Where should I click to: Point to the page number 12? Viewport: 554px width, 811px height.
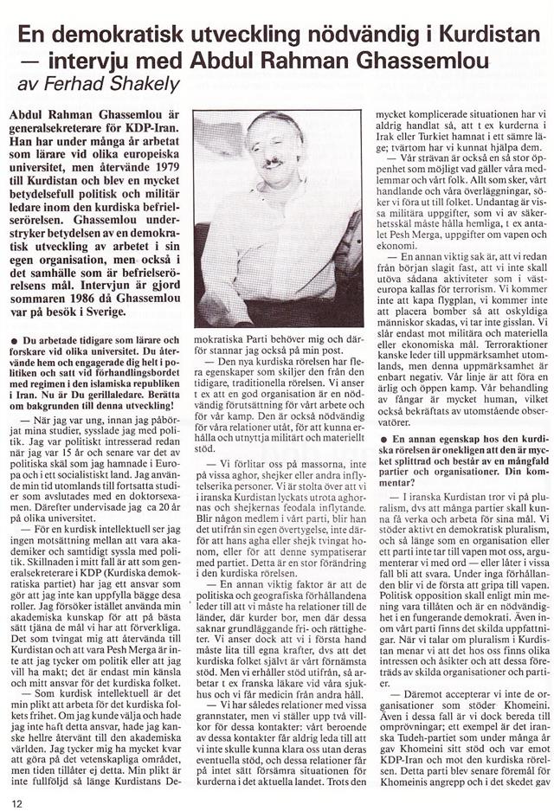coord(17,789)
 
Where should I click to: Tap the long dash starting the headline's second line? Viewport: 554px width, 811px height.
coord(34,62)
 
